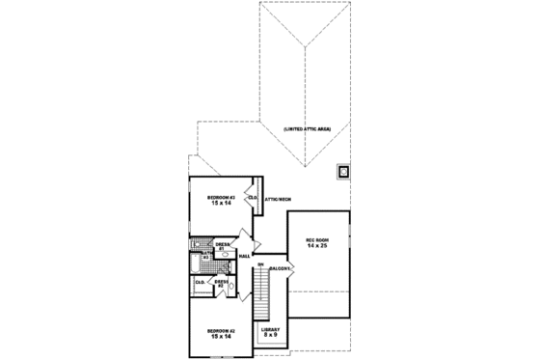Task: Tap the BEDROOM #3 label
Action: [x=221, y=197]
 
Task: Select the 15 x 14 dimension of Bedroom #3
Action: [x=221, y=204]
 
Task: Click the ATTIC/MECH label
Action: [x=278, y=198]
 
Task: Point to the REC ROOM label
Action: [x=318, y=240]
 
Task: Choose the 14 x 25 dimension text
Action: [x=318, y=247]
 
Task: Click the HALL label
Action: [x=244, y=256]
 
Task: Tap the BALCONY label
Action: [x=281, y=267]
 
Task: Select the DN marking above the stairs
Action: [x=260, y=263]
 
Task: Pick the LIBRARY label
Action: [x=271, y=329]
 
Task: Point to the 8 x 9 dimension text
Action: [x=271, y=335]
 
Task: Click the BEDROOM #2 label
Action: [x=221, y=331]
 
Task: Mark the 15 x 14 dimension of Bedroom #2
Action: [x=221, y=338]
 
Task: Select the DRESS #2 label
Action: [x=221, y=283]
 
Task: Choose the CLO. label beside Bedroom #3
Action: [x=253, y=198]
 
